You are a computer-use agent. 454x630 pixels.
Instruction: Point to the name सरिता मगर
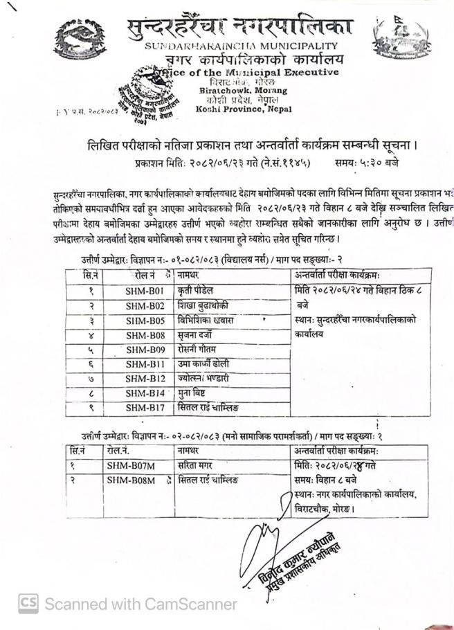coord(201,465)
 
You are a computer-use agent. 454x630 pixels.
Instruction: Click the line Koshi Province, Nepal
coord(233,109)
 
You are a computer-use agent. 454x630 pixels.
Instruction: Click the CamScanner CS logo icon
coord(28,604)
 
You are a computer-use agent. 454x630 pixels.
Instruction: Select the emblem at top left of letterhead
coord(82,39)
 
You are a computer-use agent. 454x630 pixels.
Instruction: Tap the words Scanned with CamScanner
coord(140,604)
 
